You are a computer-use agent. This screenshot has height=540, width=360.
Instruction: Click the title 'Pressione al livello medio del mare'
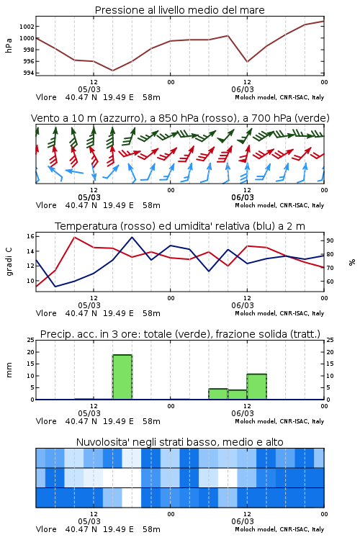(179, 10)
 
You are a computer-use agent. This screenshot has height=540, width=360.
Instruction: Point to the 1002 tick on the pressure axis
(27, 27)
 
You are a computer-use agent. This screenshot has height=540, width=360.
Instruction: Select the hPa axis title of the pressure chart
(9, 45)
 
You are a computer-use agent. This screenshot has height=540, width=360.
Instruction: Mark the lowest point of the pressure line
(112, 71)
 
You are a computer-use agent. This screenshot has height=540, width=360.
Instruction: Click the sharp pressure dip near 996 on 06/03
(247, 62)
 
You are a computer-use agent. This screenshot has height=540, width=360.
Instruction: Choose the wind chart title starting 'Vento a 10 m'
(180, 118)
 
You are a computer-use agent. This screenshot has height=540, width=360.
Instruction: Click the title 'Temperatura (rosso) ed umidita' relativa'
(180, 226)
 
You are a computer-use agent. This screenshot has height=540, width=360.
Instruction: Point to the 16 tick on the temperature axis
(30, 236)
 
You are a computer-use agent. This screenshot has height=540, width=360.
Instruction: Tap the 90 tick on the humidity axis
(330, 240)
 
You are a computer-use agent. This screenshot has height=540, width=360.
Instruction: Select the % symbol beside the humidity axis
(352, 262)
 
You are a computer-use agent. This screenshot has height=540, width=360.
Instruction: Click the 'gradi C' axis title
(9, 262)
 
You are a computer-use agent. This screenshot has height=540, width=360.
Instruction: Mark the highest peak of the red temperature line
(75, 237)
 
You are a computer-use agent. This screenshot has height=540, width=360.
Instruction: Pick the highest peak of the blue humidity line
(132, 237)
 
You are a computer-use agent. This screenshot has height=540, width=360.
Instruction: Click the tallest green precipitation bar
(122, 377)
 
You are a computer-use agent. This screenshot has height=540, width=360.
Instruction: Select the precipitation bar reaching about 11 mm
(256, 387)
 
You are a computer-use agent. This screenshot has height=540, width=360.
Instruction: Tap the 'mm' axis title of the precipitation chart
(9, 370)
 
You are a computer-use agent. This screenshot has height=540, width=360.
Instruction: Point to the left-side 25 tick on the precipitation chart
(30, 341)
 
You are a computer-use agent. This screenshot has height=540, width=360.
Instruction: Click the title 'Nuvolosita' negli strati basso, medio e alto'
(179, 442)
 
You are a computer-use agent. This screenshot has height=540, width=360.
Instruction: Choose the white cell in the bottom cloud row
(132, 498)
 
